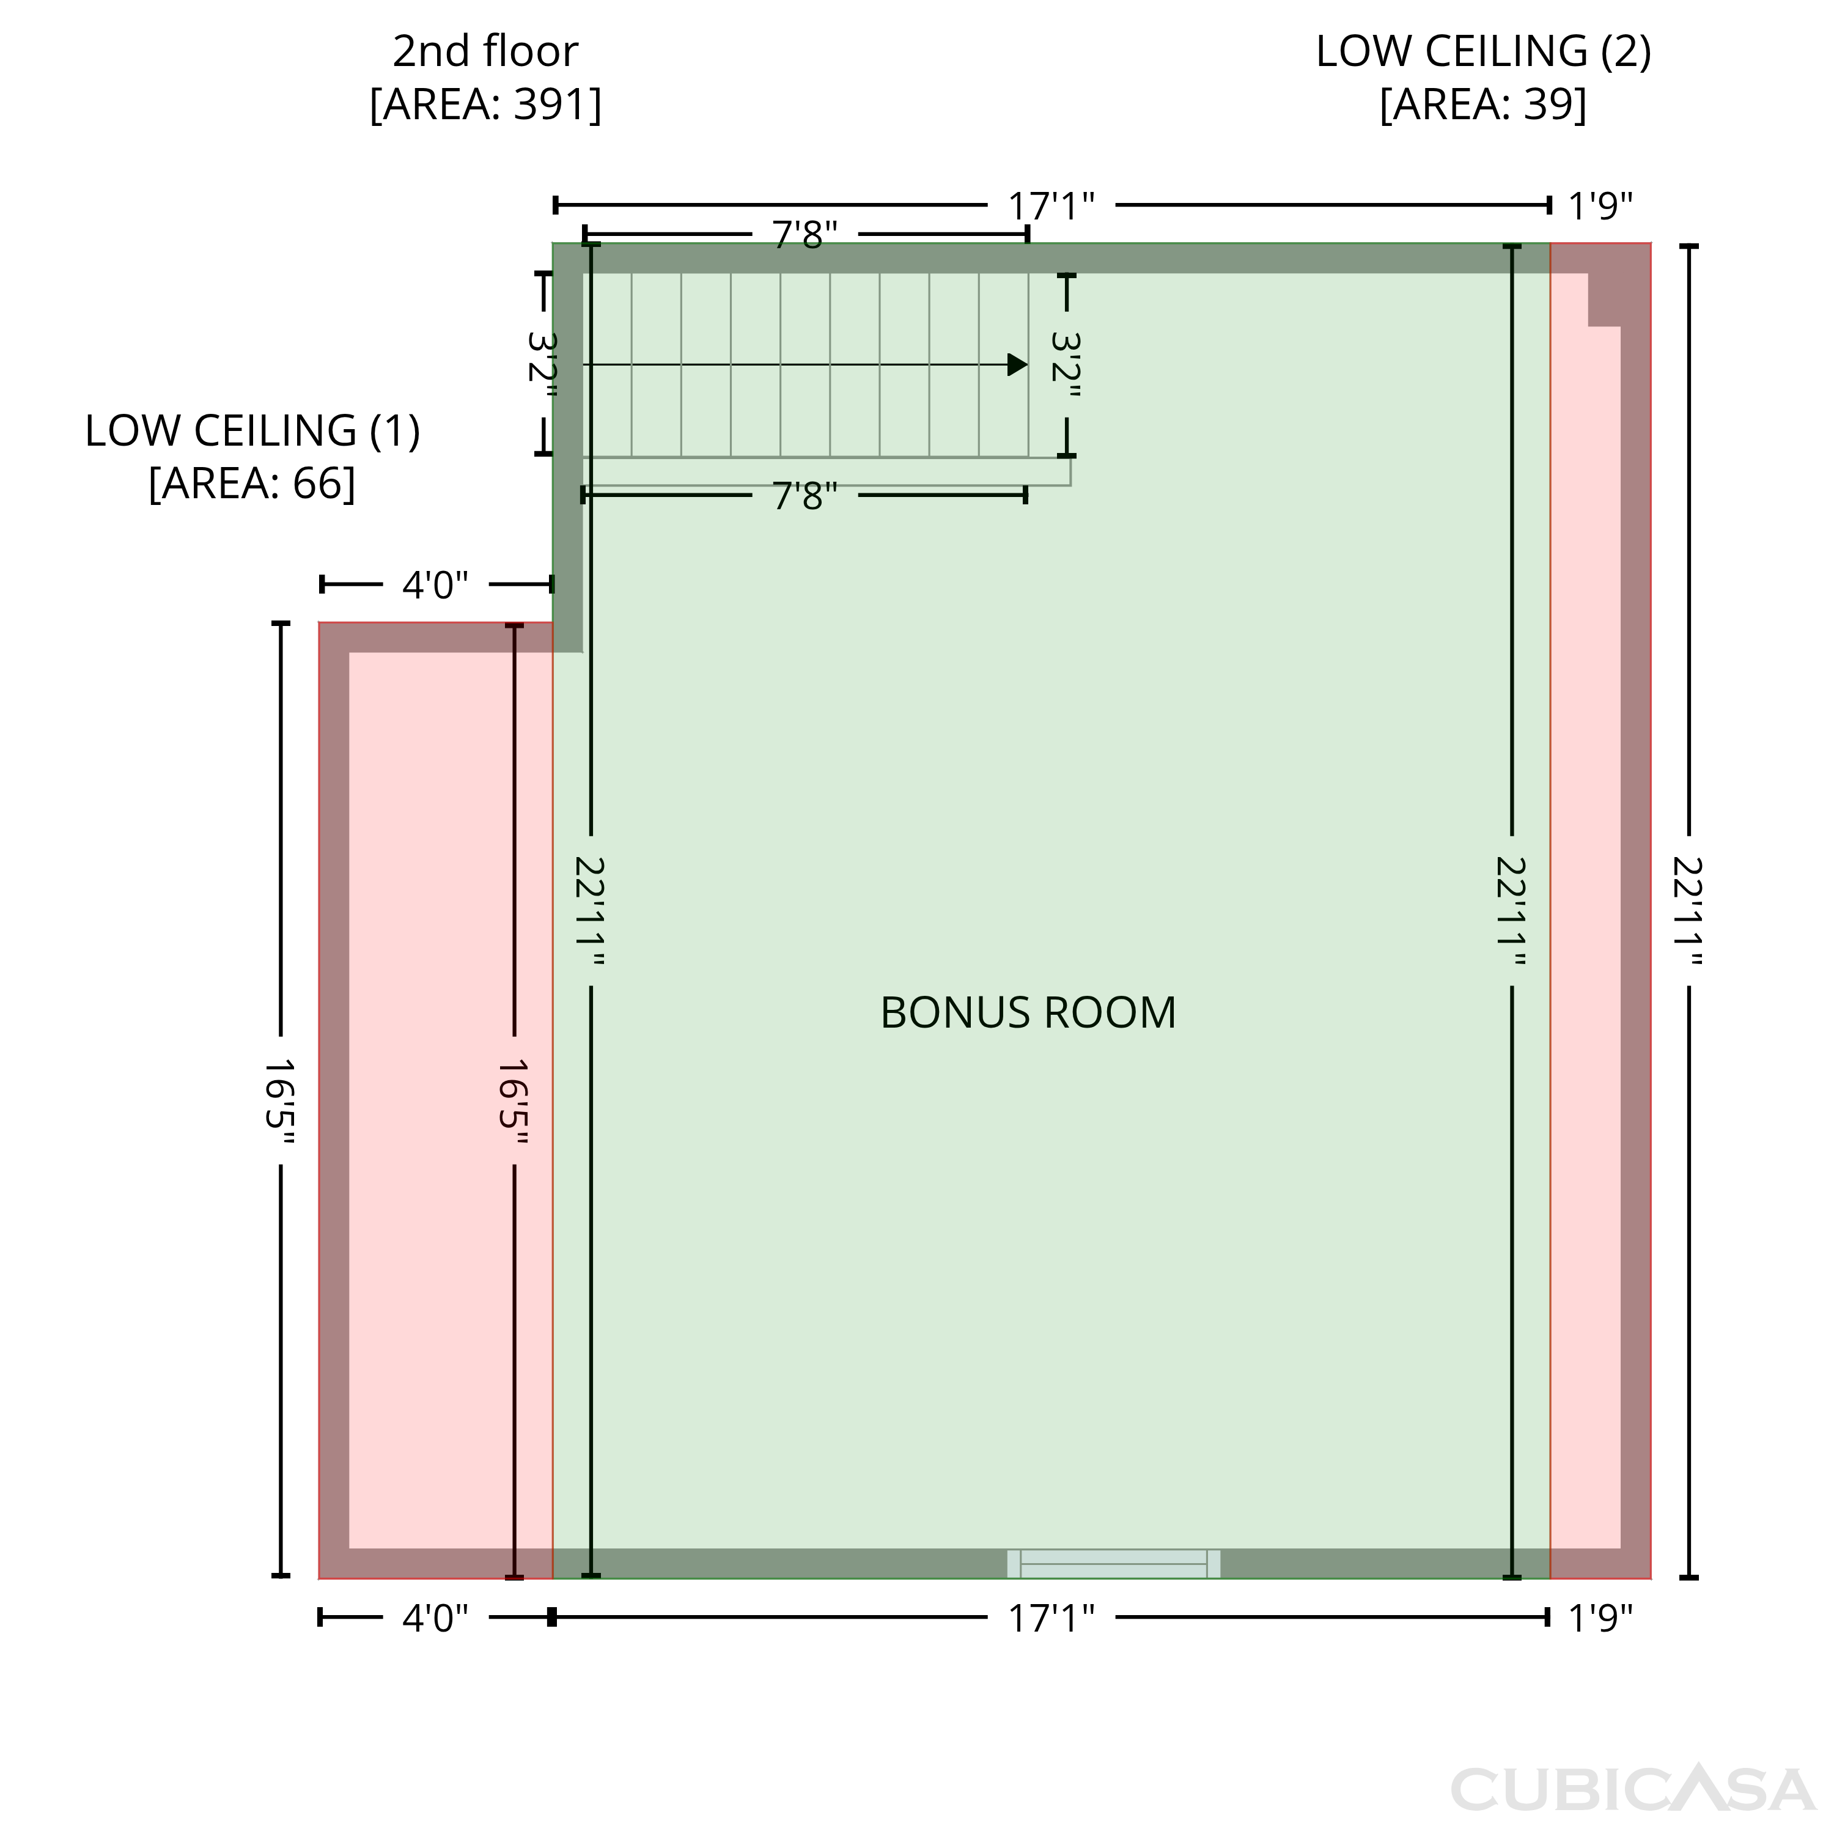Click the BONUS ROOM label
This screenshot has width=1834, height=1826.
pyautogui.click(x=1028, y=1013)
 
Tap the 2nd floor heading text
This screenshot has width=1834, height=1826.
pyautogui.click(x=485, y=51)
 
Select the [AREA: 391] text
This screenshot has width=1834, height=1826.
pyautogui.click(x=485, y=105)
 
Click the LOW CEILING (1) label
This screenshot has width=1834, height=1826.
pyautogui.click(x=252, y=431)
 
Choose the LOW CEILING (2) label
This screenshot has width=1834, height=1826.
pyautogui.click(x=1482, y=51)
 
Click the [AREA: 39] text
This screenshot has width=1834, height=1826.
pyautogui.click(x=1482, y=105)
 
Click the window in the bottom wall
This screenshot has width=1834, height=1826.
pyautogui.click(x=1113, y=1564)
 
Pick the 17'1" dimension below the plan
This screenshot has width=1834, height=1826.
pyautogui.click(x=1051, y=1618)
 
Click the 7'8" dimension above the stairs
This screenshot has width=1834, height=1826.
pyautogui.click(x=805, y=234)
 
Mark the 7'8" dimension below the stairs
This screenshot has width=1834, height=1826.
pyautogui.click(x=805, y=495)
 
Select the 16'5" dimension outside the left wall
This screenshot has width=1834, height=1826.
pyautogui.click(x=280, y=1101)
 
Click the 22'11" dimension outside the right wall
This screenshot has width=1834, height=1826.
pyautogui.click(x=1689, y=911)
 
